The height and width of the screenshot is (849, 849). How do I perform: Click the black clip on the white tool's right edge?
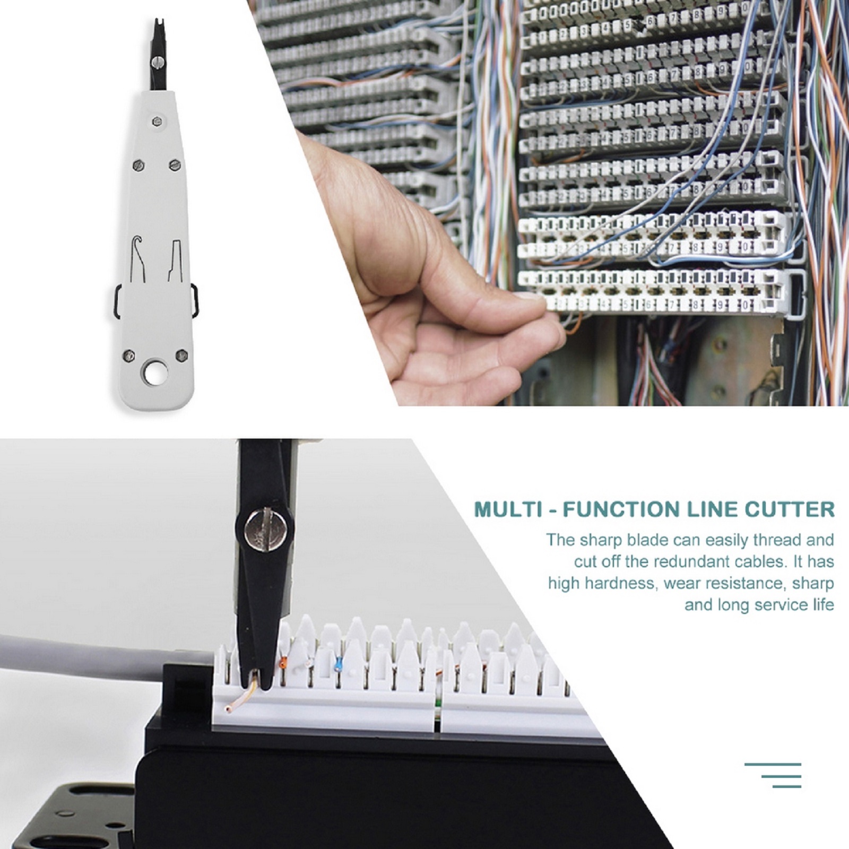[194, 299]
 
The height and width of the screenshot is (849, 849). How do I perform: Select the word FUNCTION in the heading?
[622, 509]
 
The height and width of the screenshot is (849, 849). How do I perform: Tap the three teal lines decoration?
[773, 776]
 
